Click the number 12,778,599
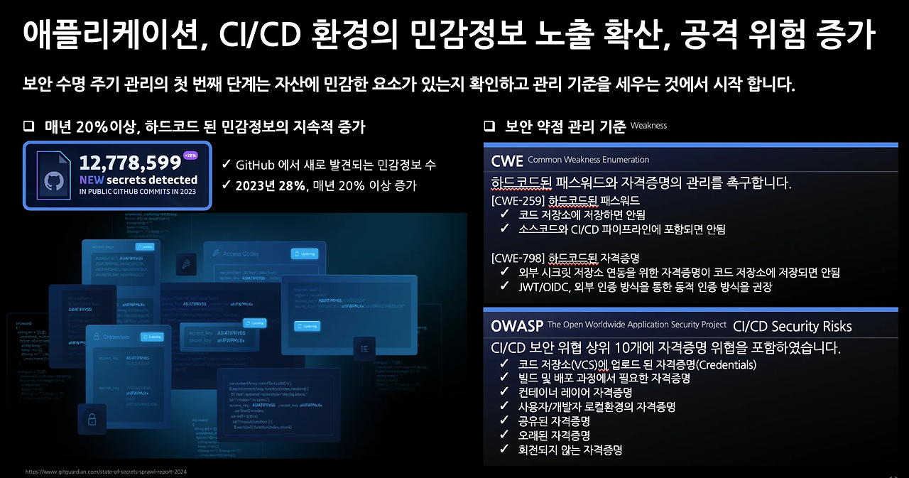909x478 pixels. coord(130,163)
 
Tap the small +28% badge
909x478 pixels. coord(191,156)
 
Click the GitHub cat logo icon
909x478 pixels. coord(53,183)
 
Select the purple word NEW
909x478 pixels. coord(92,180)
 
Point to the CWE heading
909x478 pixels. coord(507,160)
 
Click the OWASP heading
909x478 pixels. coord(516,326)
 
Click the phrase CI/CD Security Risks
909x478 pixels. coord(792,327)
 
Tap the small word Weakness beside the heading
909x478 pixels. coord(648,126)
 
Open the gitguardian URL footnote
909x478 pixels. coord(107,471)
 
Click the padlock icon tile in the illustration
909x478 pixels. coord(92,420)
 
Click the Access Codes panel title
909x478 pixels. coord(241,254)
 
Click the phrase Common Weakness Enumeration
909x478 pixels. coord(588,160)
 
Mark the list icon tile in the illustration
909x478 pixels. coord(364,347)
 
